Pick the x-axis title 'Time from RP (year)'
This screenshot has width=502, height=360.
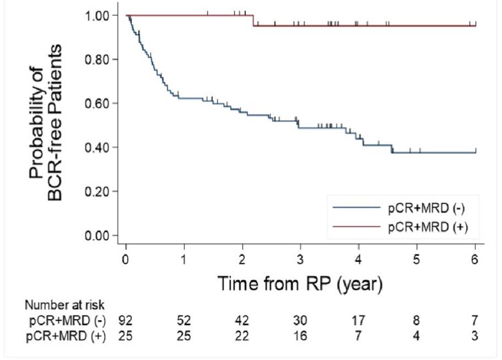[x=300, y=283]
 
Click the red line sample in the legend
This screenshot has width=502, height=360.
[x=357, y=227]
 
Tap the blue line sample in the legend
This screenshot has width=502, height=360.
[x=357, y=207]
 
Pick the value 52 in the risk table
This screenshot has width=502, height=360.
[x=184, y=320]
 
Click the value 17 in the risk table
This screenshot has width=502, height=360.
[x=359, y=320]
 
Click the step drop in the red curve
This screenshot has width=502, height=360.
[x=253, y=20]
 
